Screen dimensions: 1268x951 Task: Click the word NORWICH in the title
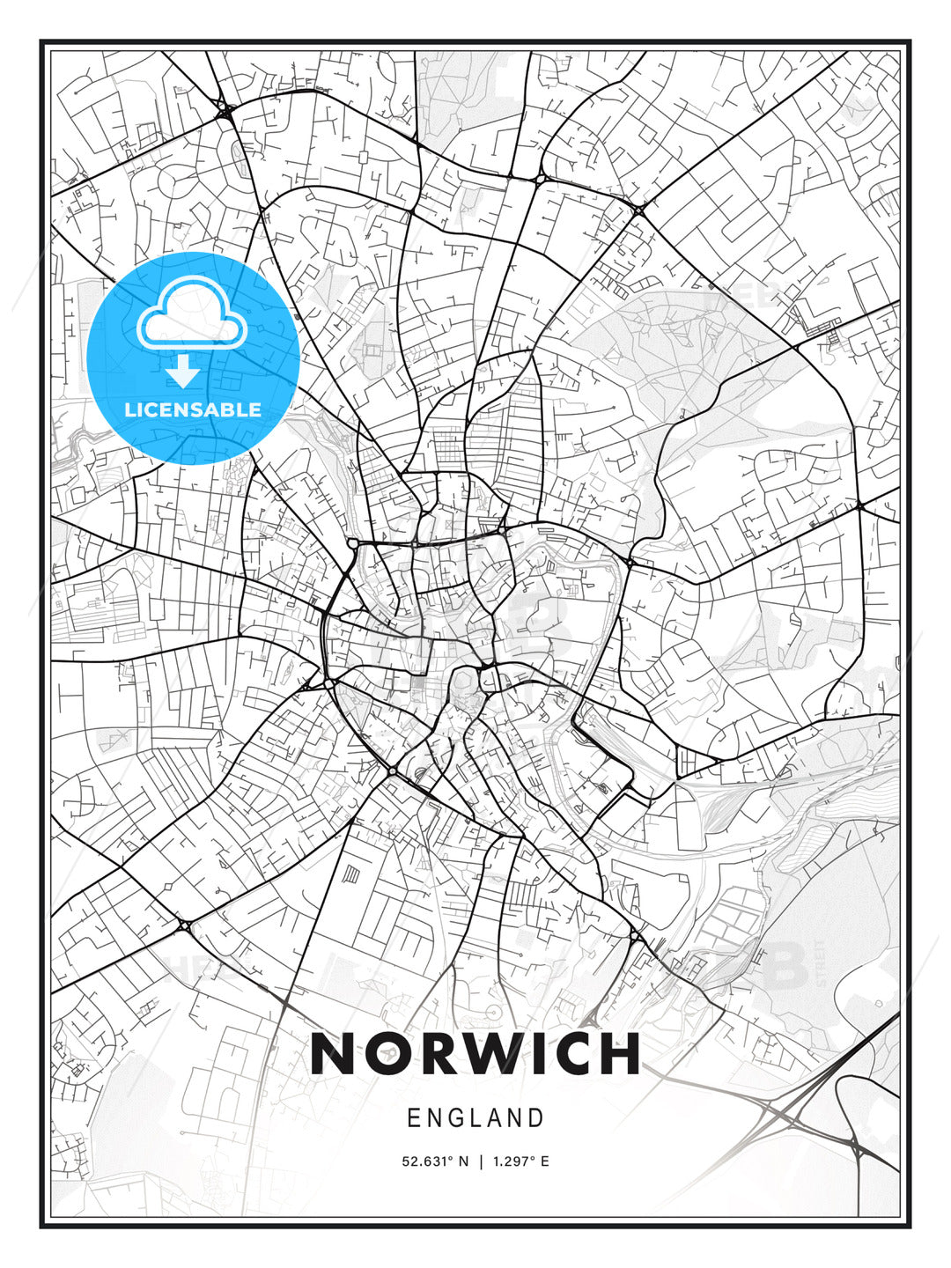475,1053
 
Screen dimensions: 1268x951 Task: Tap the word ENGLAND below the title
475,1118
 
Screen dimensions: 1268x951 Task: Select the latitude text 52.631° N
436,1161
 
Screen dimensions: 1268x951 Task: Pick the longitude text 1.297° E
521,1161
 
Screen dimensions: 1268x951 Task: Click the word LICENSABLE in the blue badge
193,409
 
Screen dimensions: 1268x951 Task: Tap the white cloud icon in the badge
192,314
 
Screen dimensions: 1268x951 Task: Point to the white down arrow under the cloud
184,371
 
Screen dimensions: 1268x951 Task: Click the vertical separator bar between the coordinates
481,1161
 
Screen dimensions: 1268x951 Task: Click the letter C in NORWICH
574,1053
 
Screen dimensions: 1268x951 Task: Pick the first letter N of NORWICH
331,1053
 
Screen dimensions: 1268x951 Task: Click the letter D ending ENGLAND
536,1118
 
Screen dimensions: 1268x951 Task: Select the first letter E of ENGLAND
414,1118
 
